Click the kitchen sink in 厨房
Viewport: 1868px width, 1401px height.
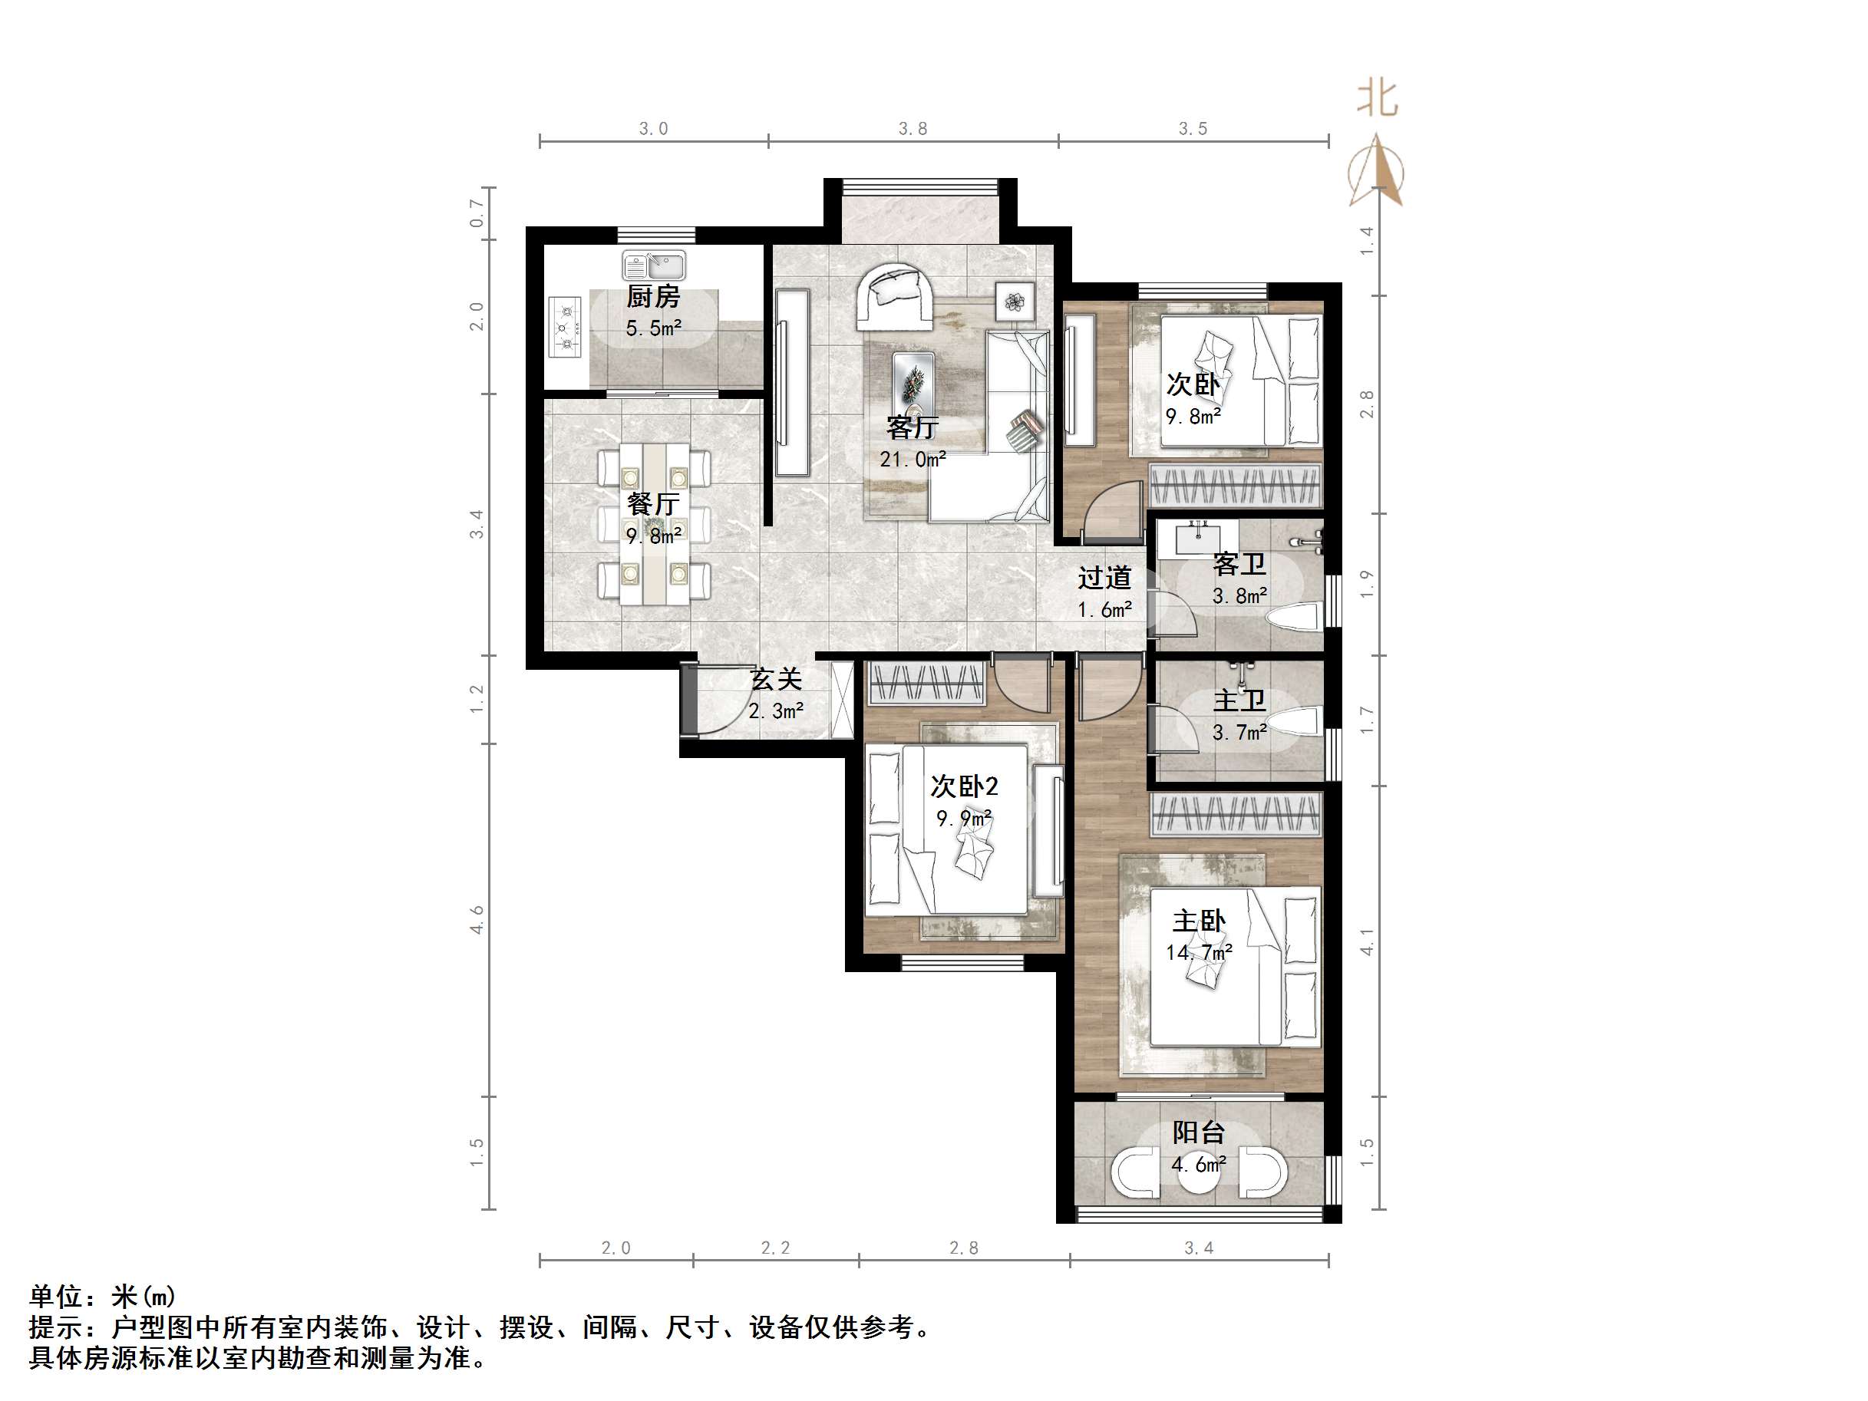(654, 265)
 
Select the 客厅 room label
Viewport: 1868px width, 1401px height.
(912, 427)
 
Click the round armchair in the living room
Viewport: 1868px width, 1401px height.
(895, 295)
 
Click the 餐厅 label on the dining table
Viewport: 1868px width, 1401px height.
(653, 504)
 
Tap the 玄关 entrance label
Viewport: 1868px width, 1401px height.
(775, 679)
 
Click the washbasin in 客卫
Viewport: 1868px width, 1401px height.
(1196, 536)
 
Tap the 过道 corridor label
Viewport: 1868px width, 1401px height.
(1104, 579)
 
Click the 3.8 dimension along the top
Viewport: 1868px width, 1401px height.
(912, 128)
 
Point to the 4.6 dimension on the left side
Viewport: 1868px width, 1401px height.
(477, 920)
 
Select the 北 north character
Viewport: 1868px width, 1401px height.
(1378, 99)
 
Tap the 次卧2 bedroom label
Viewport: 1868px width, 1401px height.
(964, 786)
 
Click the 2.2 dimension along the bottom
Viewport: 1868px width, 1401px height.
(775, 1248)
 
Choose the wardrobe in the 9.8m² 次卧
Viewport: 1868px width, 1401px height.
(1235, 486)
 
